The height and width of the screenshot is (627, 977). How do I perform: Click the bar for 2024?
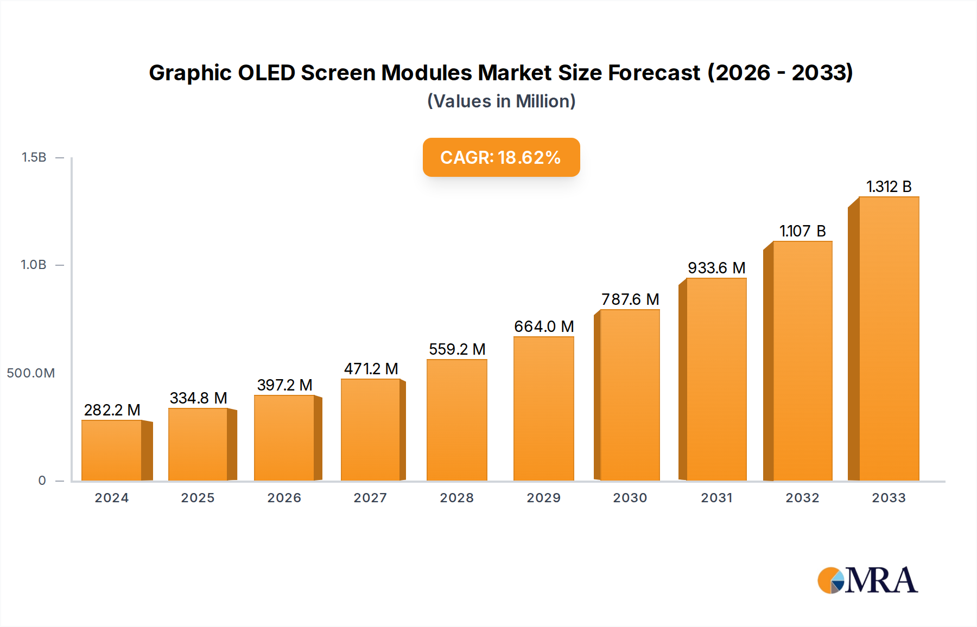coord(112,450)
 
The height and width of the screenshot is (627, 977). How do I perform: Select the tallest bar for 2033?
coord(889,339)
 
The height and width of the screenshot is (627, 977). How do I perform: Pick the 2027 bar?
coord(371,430)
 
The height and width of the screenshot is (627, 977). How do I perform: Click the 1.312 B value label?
coord(889,187)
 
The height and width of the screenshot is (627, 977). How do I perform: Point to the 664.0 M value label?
coord(544,327)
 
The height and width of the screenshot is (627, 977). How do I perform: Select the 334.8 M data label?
coord(198,398)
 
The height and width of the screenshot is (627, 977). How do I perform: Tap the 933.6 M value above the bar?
coord(716,268)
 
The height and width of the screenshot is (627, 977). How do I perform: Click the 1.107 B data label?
coord(802,231)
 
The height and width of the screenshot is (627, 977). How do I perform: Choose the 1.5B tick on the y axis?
coord(34,157)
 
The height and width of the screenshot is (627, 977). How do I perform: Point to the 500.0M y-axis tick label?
coord(31,373)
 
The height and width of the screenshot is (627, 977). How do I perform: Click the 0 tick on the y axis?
coord(42,481)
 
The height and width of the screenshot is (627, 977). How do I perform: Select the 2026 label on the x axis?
coord(284,498)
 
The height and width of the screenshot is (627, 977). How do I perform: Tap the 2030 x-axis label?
coord(630,498)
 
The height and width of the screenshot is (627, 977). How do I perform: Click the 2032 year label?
coord(802,498)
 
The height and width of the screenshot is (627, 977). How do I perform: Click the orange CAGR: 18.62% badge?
coord(501,157)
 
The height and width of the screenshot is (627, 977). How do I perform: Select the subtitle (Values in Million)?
coord(501,101)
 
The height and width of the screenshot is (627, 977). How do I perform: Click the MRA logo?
coord(867,580)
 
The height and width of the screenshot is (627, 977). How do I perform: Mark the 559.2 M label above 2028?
coord(457,349)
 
